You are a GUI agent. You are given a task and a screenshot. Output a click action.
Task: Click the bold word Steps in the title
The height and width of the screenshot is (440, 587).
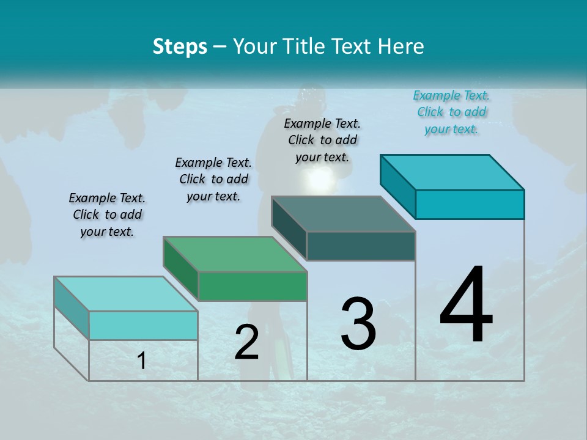[180, 46]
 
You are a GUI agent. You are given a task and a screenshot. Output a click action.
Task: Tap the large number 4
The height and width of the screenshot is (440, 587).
[466, 306]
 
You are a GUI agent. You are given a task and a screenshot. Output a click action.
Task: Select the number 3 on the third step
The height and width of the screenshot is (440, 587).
[358, 324]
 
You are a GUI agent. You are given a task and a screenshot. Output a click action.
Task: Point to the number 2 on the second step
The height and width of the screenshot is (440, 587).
[246, 343]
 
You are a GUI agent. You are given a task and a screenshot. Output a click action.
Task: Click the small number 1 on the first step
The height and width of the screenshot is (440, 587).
[142, 361]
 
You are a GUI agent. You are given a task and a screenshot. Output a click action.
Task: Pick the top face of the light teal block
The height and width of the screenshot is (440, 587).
[126, 294]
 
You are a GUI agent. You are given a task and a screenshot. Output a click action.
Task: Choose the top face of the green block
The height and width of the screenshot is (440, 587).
[235, 254]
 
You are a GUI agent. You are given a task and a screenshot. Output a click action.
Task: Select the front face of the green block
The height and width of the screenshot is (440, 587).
[253, 286]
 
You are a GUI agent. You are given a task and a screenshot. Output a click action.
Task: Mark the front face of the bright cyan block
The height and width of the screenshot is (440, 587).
[470, 204]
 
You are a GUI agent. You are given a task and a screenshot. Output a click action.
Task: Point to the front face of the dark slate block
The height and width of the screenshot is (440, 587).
[361, 246]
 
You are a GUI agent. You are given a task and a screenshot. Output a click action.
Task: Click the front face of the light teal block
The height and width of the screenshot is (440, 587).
[143, 325]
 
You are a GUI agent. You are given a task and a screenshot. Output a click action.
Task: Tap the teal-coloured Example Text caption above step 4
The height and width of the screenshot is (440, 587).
[451, 112]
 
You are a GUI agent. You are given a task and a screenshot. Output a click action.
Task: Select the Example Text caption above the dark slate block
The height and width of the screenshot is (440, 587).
[322, 140]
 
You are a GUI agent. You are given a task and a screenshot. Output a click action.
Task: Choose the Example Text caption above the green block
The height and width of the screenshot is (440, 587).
[213, 179]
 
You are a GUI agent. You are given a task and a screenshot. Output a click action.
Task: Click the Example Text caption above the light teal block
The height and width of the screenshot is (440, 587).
[107, 215]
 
